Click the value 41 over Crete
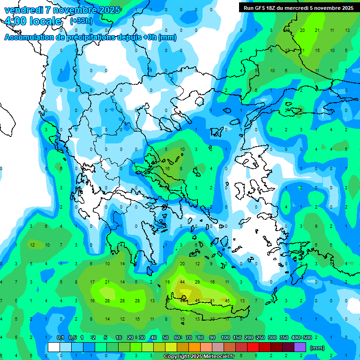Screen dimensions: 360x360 click(212, 300)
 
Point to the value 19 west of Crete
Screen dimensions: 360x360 click(167, 282)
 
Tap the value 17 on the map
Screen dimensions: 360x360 click(92, 282)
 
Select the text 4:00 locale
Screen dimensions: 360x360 click(32, 21)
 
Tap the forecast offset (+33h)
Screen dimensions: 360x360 click(81, 21)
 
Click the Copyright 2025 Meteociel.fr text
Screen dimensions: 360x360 click(199, 357)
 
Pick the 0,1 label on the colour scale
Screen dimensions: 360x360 click(60, 338)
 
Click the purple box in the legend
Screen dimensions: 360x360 click(300, 347)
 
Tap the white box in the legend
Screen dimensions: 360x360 click(54, 347)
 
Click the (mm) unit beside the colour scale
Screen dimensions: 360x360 click(317, 348)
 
